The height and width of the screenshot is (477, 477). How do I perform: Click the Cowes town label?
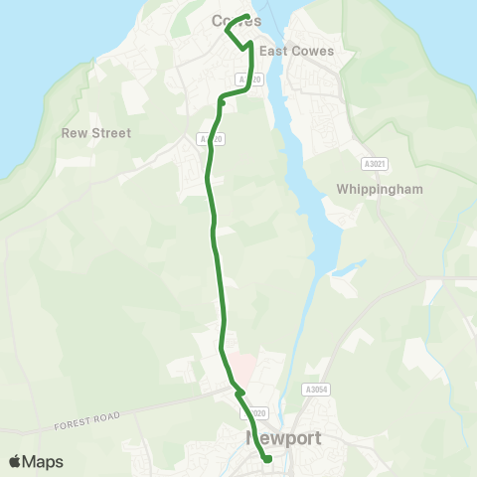[237, 21]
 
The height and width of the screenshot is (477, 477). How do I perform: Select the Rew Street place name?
[96, 132]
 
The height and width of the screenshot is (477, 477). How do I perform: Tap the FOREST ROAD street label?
[86, 420]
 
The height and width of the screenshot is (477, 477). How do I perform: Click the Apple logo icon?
[15, 461]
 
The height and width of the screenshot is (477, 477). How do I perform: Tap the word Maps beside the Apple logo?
[44, 461]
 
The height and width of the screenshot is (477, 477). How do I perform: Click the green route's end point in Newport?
[267, 458]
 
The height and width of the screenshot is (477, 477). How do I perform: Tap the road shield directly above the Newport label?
[257, 412]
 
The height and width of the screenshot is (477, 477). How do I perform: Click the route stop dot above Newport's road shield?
[239, 394]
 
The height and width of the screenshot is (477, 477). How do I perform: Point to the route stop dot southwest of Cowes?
[222, 100]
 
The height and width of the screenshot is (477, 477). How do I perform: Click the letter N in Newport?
[252, 438]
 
